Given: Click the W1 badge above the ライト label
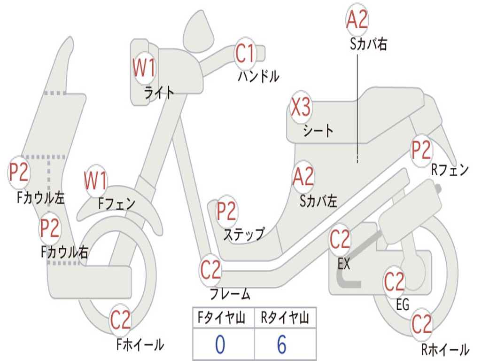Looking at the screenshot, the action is click(143, 68).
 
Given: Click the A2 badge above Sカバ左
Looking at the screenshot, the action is click(303, 176).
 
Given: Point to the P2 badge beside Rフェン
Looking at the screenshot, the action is click(421, 150).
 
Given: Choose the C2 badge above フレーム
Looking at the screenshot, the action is click(210, 270).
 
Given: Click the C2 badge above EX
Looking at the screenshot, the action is click(340, 240).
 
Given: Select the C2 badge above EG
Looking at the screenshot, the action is click(394, 282).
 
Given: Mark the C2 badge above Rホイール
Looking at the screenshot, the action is click(421, 324).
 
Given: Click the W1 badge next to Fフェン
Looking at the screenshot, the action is click(95, 180).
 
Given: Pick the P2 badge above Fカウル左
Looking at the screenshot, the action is click(19, 173).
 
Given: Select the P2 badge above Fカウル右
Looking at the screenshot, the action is click(49, 228).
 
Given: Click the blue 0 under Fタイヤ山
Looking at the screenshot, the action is click(220, 345).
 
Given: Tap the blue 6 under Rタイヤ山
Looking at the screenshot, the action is click(282, 345).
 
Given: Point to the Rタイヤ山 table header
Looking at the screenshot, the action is click(285, 318).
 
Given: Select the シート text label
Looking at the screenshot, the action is click(318, 130).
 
